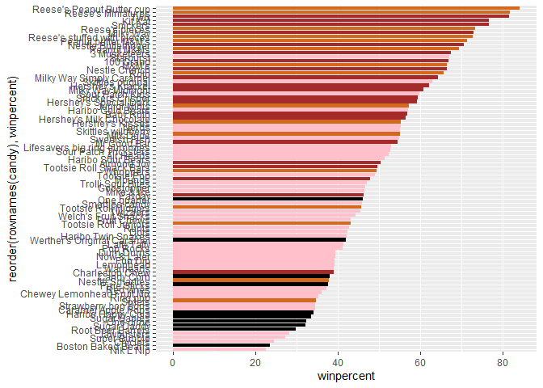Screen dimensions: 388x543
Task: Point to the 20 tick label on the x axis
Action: [255, 362]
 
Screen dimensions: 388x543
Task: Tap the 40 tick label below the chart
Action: [338, 362]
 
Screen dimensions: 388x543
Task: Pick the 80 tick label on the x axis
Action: [503, 362]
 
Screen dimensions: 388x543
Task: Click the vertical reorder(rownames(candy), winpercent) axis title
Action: [11, 179]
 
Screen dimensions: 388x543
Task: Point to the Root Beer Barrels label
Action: [115, 330]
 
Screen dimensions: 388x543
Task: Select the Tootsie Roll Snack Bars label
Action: [106, 167]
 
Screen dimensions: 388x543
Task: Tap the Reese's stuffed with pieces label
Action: [99, 37]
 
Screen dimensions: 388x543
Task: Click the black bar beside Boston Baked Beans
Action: [221, 346]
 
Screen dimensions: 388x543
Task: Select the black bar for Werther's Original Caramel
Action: [259, 240]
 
